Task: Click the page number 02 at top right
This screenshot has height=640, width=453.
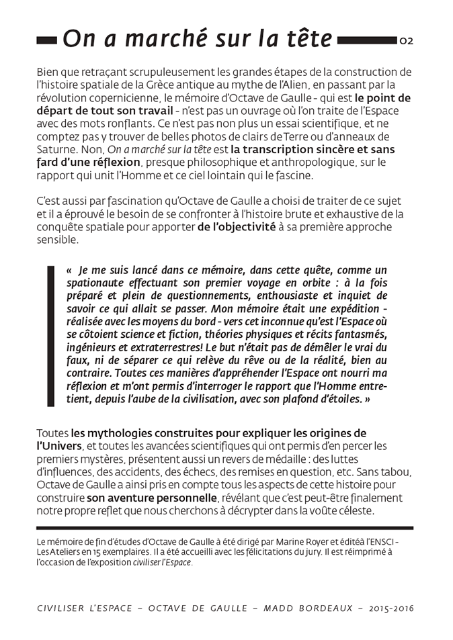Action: click(407, 41)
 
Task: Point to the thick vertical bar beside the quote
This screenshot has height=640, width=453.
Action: click(50, 335)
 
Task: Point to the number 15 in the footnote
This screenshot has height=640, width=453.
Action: click(103, 551)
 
